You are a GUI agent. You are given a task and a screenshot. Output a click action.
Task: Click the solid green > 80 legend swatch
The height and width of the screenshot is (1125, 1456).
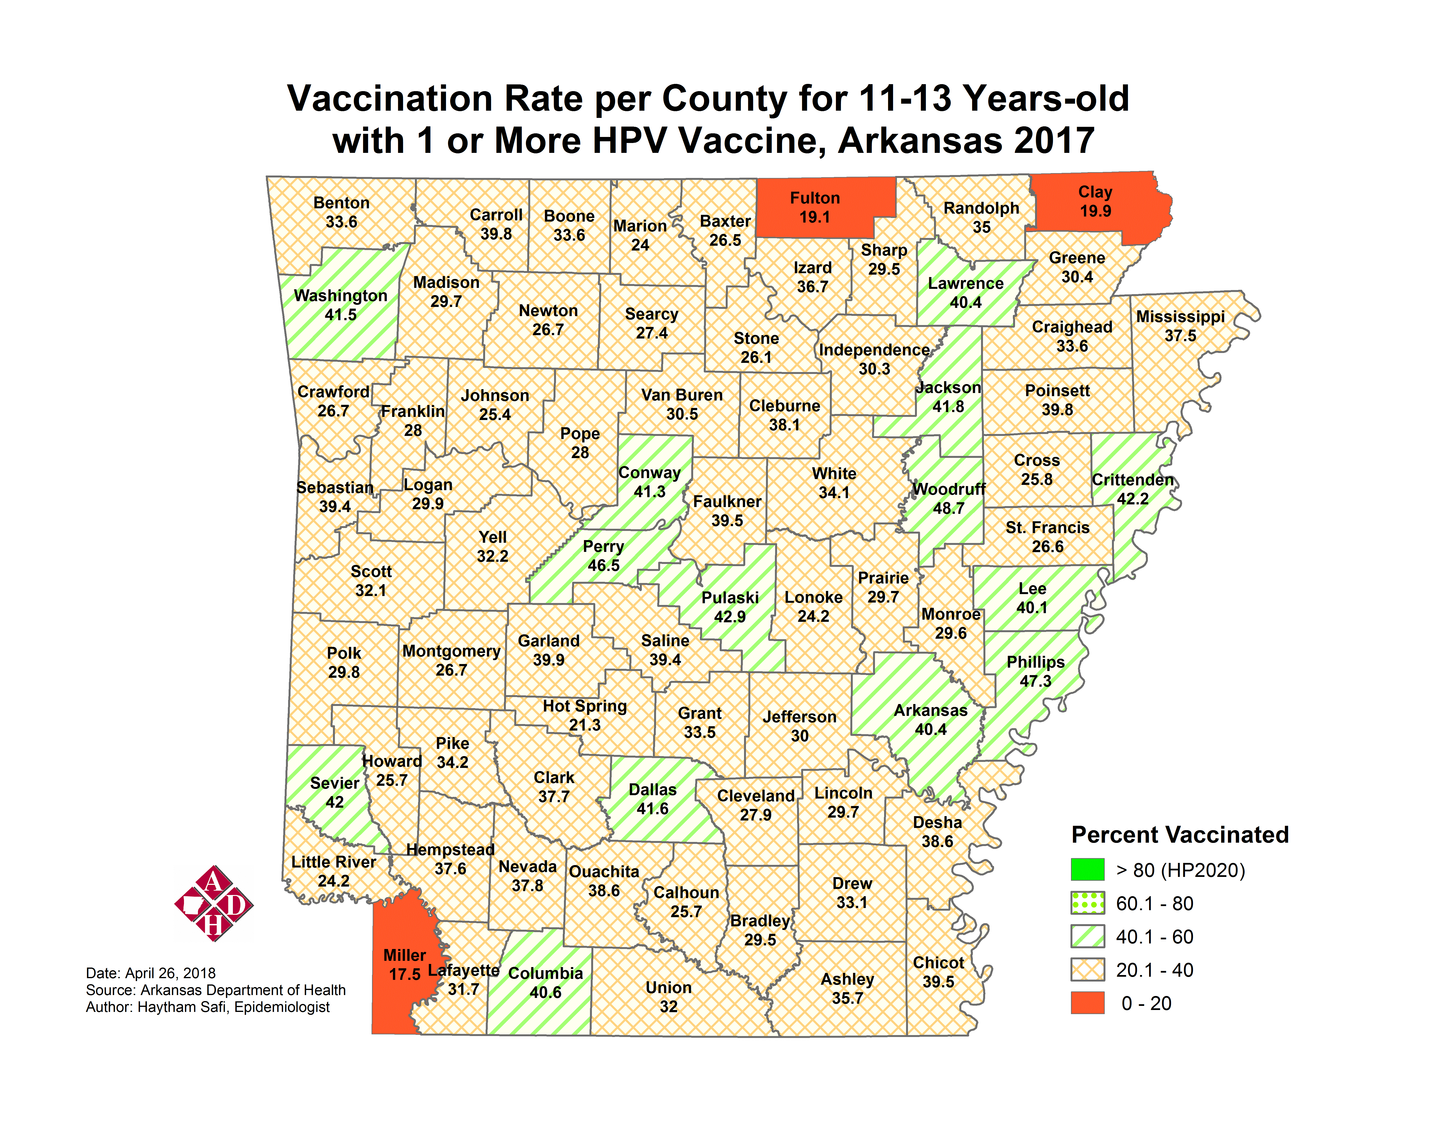pos(1087,870)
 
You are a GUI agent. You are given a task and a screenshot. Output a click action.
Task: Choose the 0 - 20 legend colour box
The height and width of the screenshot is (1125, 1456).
pos(1087,1003)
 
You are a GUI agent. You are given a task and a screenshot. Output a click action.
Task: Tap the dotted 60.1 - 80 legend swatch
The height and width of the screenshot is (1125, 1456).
pos(1087,903)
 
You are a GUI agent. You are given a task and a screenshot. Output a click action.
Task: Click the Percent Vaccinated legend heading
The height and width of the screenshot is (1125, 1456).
pos(1179,835)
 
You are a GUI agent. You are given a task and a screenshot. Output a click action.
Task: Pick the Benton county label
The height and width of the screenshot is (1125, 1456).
pos(341,203)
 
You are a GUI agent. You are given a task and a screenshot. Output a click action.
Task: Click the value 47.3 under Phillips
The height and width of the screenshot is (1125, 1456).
pos(1035,681)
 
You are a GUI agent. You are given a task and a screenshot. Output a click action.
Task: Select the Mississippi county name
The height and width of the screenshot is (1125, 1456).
pos(1180,317)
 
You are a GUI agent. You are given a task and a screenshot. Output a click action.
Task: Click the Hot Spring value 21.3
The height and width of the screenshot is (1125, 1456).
pos(585,725)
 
